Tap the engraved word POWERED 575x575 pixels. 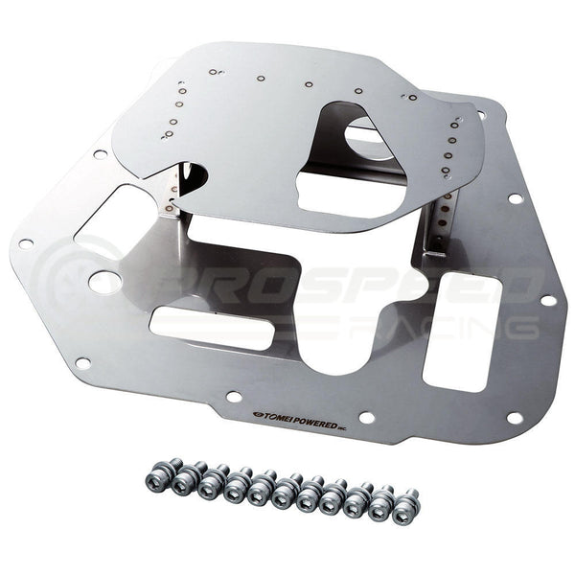(x=316, y=422)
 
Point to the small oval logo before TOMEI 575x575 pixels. (x=257, y=414)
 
